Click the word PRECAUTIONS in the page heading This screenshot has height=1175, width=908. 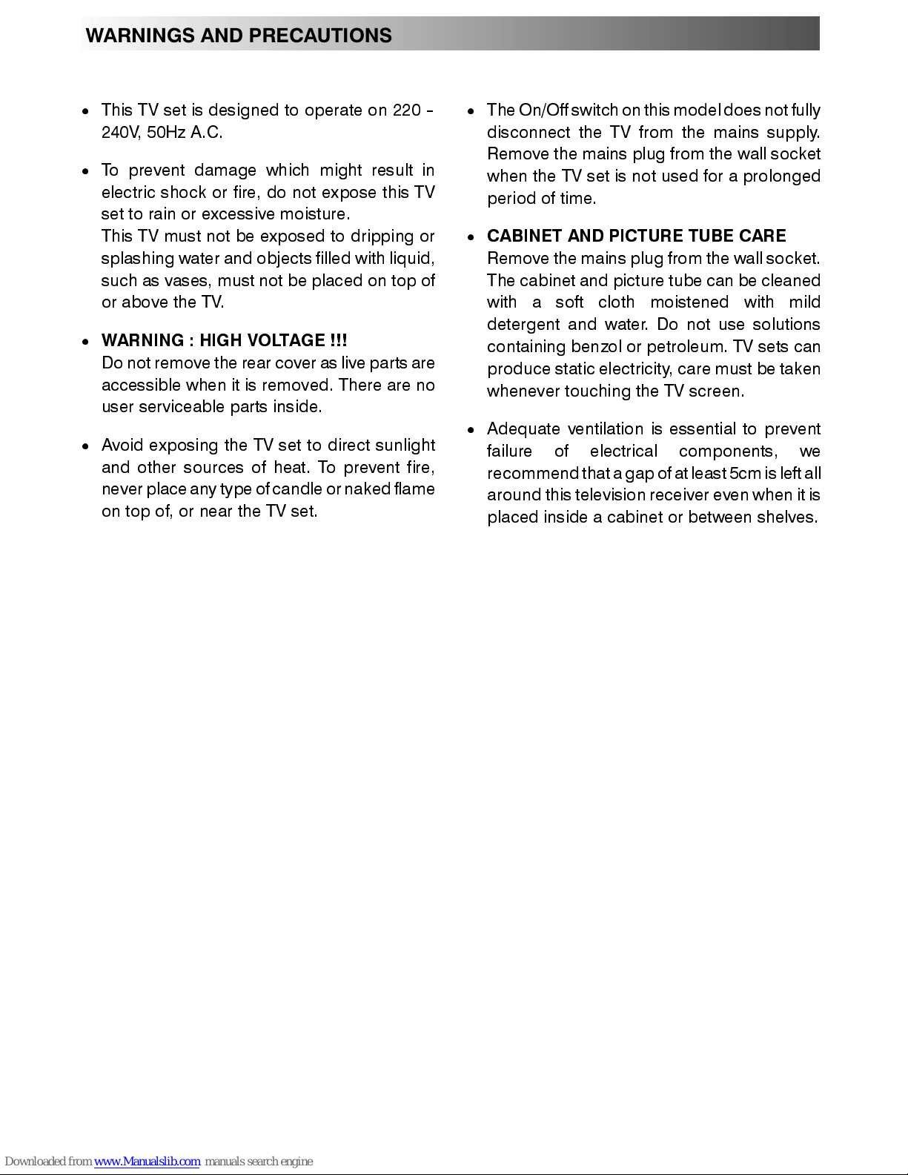[x=320, y=36]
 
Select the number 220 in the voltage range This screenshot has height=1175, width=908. [x=406, y=110]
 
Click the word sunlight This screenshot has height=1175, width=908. [x=405, y=446]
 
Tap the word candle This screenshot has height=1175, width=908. [x=296, y=489]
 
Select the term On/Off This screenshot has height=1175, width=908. [x=543, y=110]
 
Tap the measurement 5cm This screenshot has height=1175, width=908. [x=745, y=474]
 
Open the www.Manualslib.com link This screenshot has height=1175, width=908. [x=147, y=1162]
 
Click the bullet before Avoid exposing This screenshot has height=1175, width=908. [x=86, y=446]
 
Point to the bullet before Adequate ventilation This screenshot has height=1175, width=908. [x=471, y=430]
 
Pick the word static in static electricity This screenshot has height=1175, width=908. [x=574, y=369]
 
